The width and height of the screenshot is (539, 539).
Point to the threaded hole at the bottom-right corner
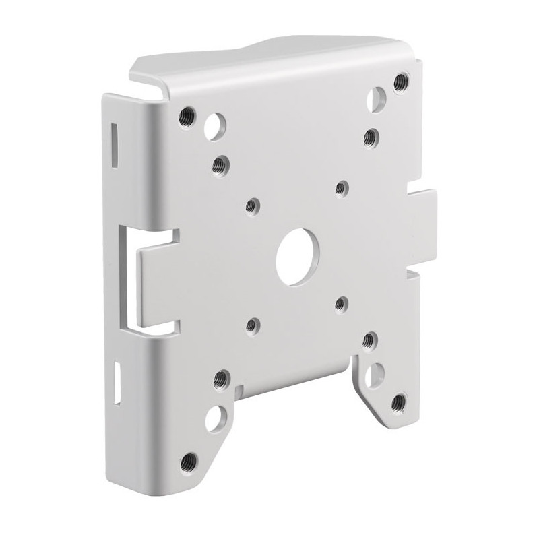point(398,403)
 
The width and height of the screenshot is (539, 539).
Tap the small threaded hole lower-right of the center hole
point(341,305)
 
